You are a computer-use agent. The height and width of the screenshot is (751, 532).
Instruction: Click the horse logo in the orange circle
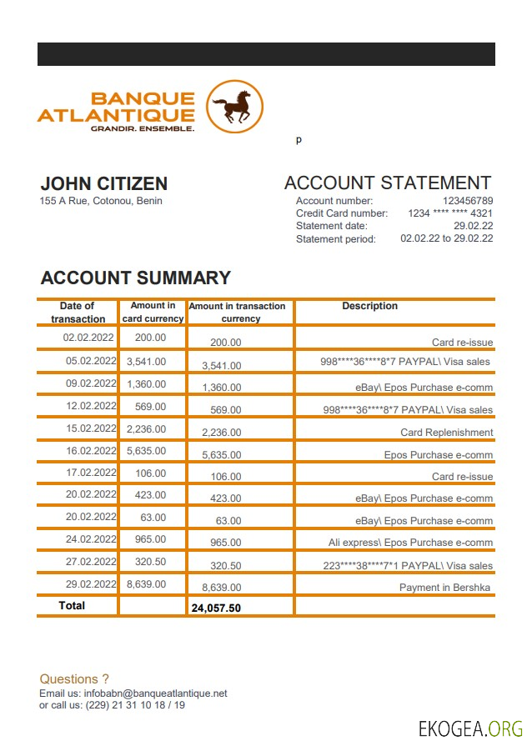coord(234,107)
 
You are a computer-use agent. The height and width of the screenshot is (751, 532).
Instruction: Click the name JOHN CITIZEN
coord(104,184)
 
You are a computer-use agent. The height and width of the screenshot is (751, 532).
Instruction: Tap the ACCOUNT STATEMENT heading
coord(388,183)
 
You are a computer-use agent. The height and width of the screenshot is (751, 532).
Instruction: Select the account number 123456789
coord(468,201)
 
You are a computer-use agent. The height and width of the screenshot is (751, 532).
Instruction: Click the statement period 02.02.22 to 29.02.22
coord(447,238)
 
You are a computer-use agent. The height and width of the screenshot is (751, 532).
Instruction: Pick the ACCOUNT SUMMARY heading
coord(135,278)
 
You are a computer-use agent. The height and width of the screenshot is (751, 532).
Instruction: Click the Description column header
coord(369,306)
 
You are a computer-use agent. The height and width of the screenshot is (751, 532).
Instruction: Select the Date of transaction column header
coord(78,312)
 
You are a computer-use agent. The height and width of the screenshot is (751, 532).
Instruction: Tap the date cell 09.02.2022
coord(90,383)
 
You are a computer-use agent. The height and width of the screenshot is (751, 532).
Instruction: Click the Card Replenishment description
coord(446,433)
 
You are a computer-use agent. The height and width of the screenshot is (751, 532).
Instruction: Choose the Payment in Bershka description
coord(444,588)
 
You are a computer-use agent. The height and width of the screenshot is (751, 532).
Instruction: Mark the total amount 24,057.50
coord(216,608)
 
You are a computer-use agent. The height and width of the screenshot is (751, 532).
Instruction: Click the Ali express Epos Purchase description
coord(410,543)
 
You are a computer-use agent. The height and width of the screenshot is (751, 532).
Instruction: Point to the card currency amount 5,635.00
coord(146,451)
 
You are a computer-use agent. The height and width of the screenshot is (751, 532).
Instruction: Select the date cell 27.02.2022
coord(90,561)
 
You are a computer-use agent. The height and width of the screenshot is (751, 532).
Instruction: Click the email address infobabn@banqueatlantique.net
coord(155,693)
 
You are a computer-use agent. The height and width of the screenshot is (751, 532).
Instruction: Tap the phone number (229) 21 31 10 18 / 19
coord(135,705)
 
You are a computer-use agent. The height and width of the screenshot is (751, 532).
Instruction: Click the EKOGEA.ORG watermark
coord(470,728)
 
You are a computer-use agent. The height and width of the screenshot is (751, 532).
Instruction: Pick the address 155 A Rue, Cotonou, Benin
coord(101,201)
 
